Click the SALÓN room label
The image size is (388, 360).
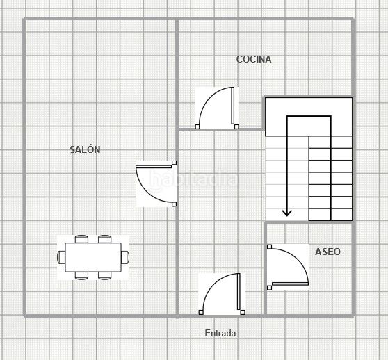point(85,149)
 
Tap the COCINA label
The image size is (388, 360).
point(254,59)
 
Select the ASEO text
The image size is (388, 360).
point(328,252)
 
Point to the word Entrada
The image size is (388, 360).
point(220,333)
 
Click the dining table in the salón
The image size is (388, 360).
point(93,257)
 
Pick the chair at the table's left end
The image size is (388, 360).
point(61,257)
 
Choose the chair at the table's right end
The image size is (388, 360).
point(125,257)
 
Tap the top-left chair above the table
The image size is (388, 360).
point(81,239)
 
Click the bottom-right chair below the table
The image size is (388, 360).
point(105,276)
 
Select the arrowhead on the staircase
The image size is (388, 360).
point(286,213)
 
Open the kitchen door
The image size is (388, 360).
point(216,108)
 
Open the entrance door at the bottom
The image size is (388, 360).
point(222,294)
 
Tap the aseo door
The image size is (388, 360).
point(288,267)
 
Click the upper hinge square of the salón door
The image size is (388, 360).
point(175,163)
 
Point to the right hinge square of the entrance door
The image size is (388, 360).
point(243,312)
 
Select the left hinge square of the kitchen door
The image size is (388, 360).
point(197,127)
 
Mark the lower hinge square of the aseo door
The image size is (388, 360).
point(270,288)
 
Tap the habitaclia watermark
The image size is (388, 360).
point(193,180)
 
